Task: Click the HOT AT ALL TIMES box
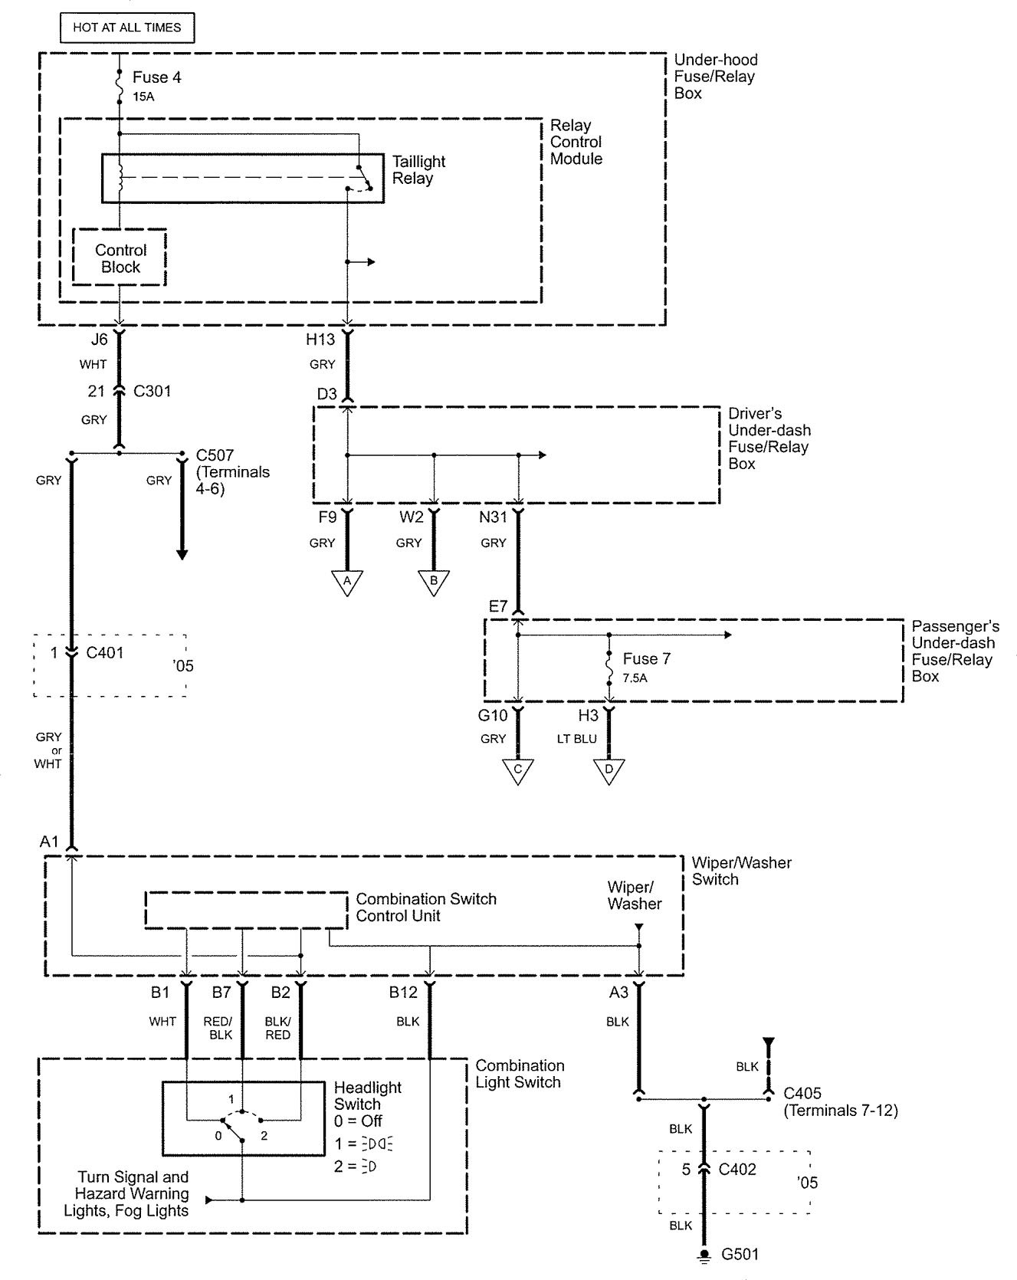(x=127, y=28)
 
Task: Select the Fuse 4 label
(x=156, y=77)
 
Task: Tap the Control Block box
(x=120, y=258)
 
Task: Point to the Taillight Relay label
(x=418, y=170)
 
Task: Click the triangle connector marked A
(x=347, y=581)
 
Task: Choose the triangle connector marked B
(x=434, y=581)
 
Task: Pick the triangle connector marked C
(x=518, y=770)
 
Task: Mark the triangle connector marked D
(x=609, y=770)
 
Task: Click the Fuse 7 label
(x=646, y=659)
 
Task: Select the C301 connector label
(x=153, y=392)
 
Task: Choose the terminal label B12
(x=403, y=993)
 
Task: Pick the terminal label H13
(x=320, y=340)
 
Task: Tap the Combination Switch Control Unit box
(x=246, y=910)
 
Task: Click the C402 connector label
(x=737, y=1170)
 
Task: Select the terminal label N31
(x=493, y=517)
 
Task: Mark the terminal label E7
(x=498, y=606)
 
